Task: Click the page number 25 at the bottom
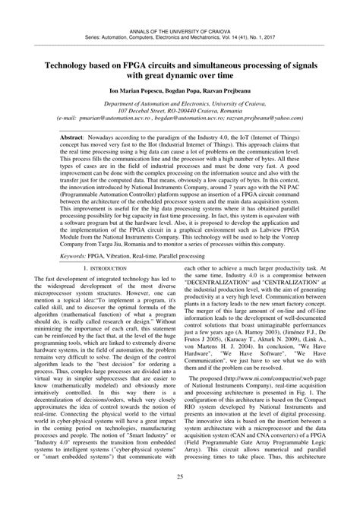coord(180,498)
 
